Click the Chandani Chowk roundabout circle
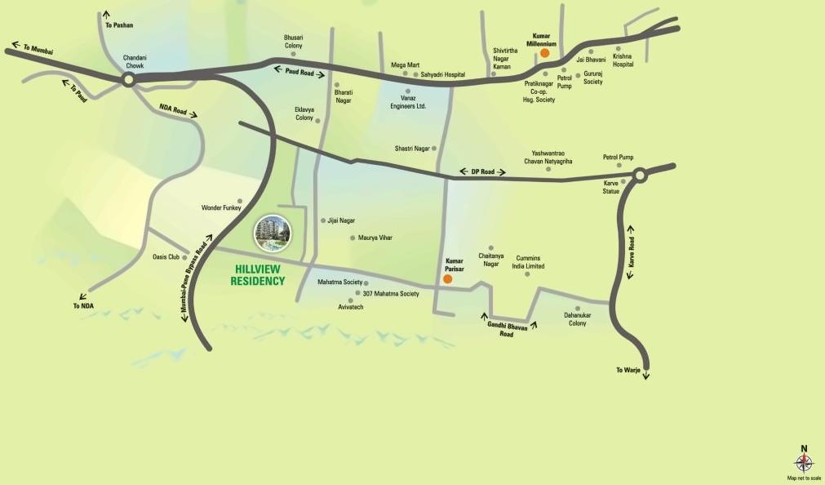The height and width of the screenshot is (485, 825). click(x=128, y=79)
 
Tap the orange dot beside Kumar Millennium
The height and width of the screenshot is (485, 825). click(x=545, y=53)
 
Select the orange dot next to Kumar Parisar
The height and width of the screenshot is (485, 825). click(x=447, y=279)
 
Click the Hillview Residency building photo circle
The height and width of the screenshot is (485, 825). click(x=271, y=234)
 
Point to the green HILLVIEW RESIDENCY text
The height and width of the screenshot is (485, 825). click(x=259, y=275)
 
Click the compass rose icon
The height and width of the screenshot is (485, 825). click(x=804, y=463)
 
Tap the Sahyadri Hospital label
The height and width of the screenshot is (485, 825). click(x=443, y=74)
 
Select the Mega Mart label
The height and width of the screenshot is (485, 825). click(x=405, y=65)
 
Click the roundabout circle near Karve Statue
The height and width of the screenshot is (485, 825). click(x=640, y=174)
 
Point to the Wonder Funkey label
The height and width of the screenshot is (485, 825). click(x=218, y=208)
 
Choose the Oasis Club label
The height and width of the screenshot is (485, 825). click(x=166, y=256)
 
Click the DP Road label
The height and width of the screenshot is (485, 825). click(x=483, y=172)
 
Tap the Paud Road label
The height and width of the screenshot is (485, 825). click(x=299, y=72)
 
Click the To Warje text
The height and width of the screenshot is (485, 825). click(x=630, y=371)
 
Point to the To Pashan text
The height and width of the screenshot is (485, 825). click(x=119, y=26)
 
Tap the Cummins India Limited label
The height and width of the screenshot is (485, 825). click(x=528, y=262)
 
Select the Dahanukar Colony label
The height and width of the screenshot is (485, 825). click(x=578, y=318)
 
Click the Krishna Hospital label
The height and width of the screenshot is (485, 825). click(x=623, y=60)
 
